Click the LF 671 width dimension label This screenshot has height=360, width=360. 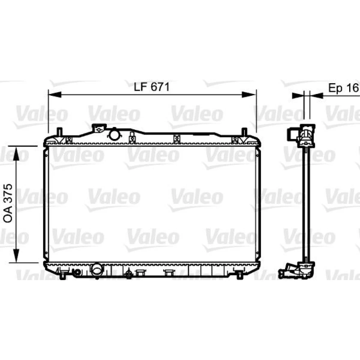(152, 87)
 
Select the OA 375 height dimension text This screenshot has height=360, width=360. (8, 203)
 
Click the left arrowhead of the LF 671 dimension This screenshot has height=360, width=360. (55, 94)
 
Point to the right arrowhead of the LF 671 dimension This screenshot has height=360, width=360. (249, 94)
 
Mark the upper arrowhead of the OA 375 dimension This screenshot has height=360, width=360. (16, 153)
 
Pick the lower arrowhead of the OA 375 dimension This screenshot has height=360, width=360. (16, 255)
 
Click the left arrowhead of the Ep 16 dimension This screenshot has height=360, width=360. (298, 95)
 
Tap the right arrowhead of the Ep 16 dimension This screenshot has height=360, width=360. (316, 95)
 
